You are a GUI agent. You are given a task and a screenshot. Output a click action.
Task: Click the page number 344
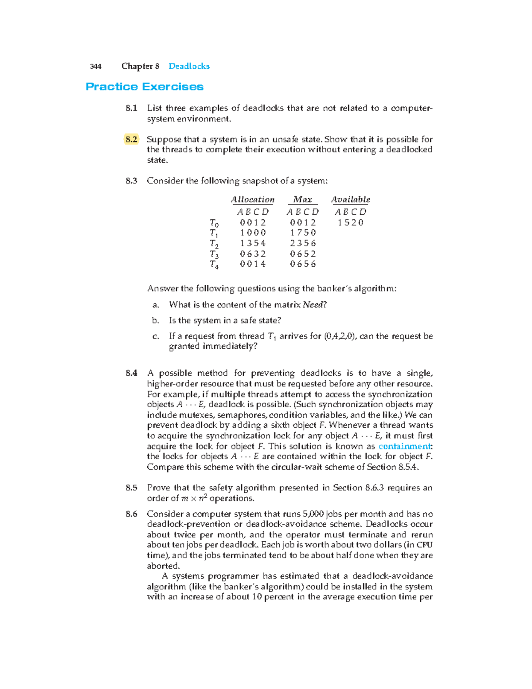click(x=95, y=67)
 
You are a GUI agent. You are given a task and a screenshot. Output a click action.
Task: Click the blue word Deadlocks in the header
click(x=189, y=67)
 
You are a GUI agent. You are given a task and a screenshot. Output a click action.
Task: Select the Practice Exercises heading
click(x=145, y=87)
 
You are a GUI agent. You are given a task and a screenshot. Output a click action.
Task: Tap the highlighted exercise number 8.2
click(x=131, y=139)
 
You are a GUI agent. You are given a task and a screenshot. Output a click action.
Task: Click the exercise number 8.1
click(x=131, y=108)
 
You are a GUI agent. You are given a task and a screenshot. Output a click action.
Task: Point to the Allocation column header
click(x=253, y=200)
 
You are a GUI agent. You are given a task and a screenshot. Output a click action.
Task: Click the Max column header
click(x=303, y=200)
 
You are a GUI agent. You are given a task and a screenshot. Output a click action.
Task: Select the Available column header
click(x=350, y=200)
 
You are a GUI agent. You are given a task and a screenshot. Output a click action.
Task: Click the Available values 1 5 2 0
click(x=350, y=223)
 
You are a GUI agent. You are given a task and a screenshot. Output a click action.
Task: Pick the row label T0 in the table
click(x=214, y=223)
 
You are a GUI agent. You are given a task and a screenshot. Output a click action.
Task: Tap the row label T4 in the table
click(x=214, y=265)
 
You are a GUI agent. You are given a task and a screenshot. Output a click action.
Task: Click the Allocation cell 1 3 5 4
click(x=253, y=244)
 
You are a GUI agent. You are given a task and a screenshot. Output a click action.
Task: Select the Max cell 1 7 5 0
click(x=303, y=233)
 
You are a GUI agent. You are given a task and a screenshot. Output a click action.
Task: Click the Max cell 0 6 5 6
click(x=303, y=264)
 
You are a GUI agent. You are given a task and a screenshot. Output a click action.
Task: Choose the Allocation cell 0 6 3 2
click(x=253, y=254)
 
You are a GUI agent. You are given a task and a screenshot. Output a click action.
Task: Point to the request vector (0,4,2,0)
click(x=340, y=336)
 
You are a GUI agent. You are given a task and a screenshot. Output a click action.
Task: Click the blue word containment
click(x=405, y=446)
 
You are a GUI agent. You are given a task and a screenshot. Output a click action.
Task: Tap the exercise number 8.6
click(x=131, y=514)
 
